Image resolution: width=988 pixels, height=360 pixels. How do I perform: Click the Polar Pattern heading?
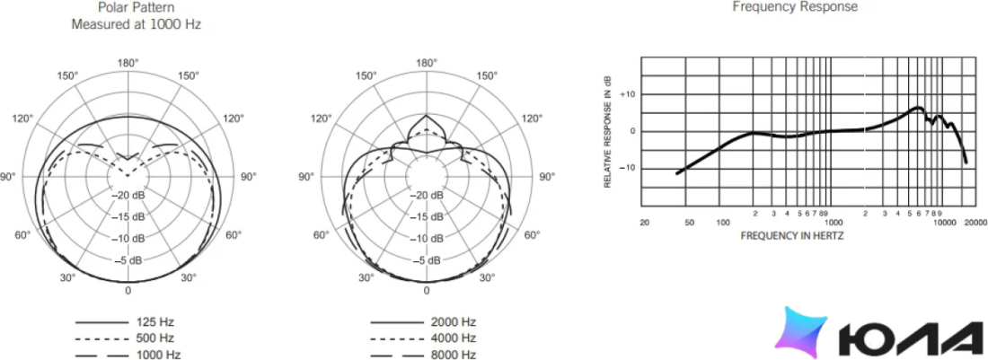point(137,8)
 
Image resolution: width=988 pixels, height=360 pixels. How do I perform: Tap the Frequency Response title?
point(795,7)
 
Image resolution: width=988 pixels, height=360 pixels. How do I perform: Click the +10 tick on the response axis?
point(628,93)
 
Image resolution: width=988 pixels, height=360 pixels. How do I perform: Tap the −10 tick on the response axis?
point(628,168)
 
